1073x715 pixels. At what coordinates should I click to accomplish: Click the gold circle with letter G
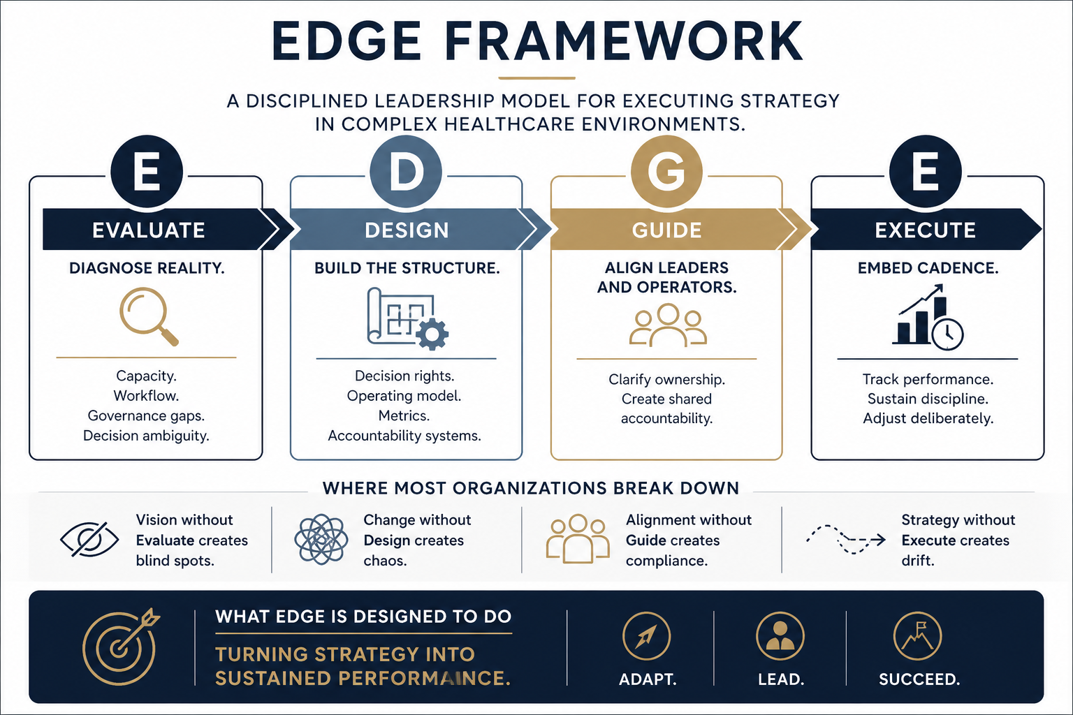tap(666, 172)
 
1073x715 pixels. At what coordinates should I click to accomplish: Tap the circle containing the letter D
tap(406, 172)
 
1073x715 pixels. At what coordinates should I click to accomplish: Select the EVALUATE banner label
tap(148, 230)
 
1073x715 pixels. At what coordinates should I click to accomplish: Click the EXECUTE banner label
tap(925, 230)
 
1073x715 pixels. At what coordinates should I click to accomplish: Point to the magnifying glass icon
tap(148, 316)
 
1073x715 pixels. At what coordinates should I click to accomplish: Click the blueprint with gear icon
tap(407, 318)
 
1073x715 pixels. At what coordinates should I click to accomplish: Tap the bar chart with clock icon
tap(928, 318)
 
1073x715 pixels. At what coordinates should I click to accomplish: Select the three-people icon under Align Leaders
tap(667, 325)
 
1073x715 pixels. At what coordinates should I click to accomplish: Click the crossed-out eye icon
tap(89, 540)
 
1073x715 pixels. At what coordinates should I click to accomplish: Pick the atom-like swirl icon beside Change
tap(321, 540)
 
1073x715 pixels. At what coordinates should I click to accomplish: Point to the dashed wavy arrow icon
tap(845, 539)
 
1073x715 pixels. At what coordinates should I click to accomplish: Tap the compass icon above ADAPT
tap(646, 636)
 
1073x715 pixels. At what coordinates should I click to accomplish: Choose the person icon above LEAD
tap(780, 636)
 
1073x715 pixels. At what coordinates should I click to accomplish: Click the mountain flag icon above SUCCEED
tap(917, 636)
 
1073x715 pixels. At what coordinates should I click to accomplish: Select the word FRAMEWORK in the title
tap(623, 42)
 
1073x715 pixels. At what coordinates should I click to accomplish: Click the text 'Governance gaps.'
tap(146, 415)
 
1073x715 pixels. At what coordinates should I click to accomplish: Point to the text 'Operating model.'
tap(404, 396)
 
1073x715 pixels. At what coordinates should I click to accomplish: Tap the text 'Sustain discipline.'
tap(928, 399)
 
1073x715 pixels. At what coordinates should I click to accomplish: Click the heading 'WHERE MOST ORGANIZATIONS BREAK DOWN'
tap(531, 488)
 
